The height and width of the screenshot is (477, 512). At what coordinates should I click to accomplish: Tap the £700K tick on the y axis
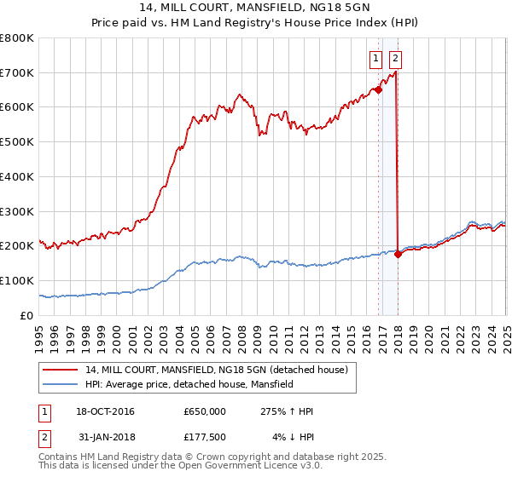click(18, 72)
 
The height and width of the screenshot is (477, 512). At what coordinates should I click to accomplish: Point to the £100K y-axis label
click(18, 280)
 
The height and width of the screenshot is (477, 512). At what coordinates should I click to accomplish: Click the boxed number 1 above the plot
click(375, 59)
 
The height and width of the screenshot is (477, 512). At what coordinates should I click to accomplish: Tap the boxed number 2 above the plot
click(396, 59)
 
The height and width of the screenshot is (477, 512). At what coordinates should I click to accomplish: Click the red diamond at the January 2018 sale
click(398, 254)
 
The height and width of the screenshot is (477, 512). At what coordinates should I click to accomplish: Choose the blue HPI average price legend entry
click(189, 385)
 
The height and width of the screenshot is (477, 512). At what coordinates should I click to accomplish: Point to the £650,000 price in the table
click(204, 411)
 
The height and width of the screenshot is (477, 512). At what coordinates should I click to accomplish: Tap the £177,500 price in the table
click(204, 436)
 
